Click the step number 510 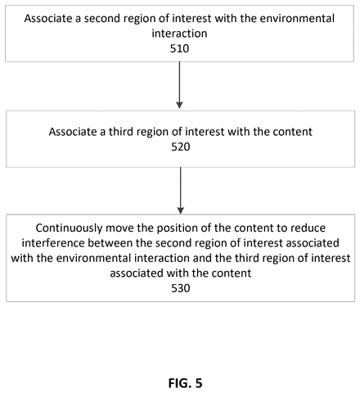[x=179, y=48]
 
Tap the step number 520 [x=181, y=147]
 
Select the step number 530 [x=181, y=288]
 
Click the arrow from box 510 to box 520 [x=179, y=85]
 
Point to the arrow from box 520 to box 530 [x=181, y=191]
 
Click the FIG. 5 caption [x=185, y=383]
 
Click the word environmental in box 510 [x=297, y=19]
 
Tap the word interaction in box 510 [x=179, y=34]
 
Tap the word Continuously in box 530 [x=69, y=228]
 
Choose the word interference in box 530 [x=53, y=243]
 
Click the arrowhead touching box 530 [x=181, y=211]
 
